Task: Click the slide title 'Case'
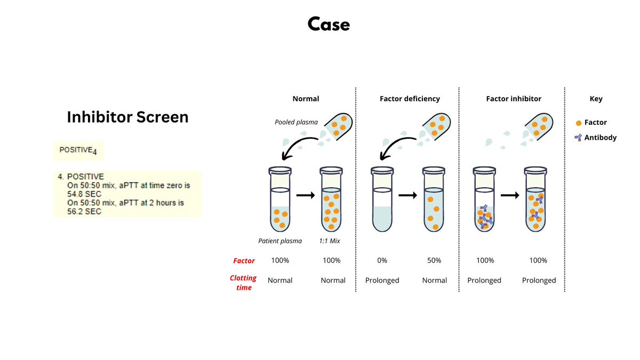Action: pos(329,24)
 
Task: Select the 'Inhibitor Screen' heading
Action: pos(127,117)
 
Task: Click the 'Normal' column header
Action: pos(306,99)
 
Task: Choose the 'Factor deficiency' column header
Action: pos(410,99)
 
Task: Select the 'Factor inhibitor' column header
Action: pos(514,99)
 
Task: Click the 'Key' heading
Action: pos(596,99)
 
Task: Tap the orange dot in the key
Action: pos(579,123)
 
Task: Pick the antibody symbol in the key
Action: pos(578,138)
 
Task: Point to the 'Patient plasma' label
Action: pos(280,241)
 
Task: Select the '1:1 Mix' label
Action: pos(330,241)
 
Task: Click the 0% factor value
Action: pos(382,260)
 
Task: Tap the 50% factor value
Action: pos(434,260)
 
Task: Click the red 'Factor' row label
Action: pos(244,261)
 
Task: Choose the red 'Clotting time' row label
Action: pos(243,283)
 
